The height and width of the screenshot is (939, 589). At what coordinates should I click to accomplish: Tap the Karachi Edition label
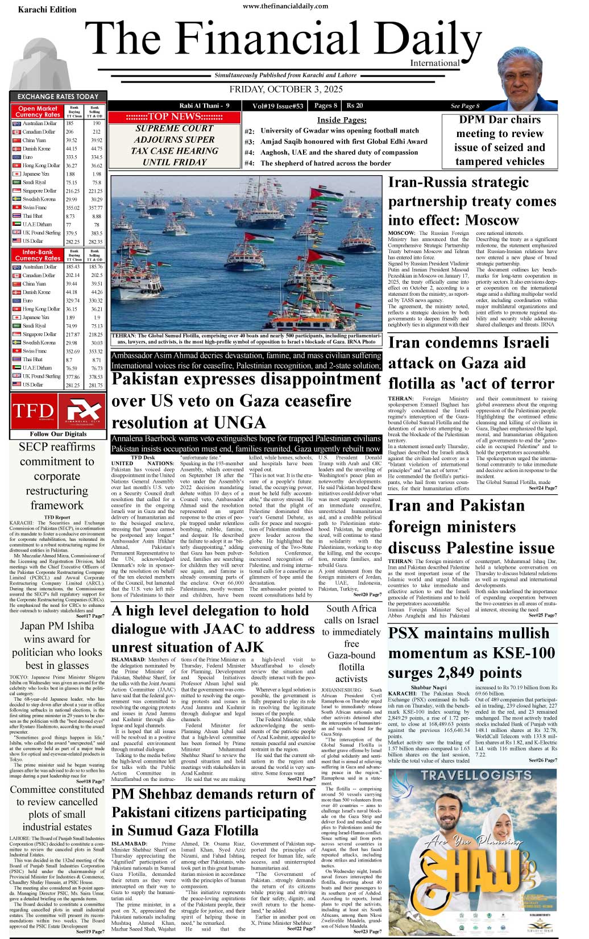(47, 10)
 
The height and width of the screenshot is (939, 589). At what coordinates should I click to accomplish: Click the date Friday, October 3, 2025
(286, 89)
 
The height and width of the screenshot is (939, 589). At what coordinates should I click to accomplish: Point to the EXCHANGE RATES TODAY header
(58, 97)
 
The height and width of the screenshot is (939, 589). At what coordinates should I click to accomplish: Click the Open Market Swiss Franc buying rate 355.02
(71, 208)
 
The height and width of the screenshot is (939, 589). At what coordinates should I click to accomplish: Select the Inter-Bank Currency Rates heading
(38, 255)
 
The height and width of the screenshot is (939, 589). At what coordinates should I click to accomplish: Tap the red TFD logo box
(33, 411)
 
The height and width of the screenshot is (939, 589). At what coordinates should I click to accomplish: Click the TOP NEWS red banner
(173, 117)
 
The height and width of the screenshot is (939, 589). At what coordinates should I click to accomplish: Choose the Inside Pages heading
(341, 120)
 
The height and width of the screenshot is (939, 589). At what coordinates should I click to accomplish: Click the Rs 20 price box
(355, 105)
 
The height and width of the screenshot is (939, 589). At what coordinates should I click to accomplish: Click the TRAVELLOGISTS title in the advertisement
(476, 775)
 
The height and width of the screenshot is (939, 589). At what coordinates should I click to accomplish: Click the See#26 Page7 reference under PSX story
(542, 760)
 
